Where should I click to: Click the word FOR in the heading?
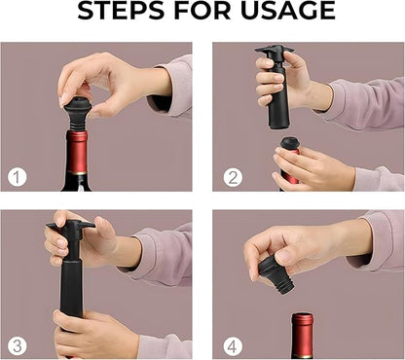click(x=211, y=12)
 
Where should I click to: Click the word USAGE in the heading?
click(x=288, y=12)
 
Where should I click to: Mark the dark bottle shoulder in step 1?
click(x=78, y=180)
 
